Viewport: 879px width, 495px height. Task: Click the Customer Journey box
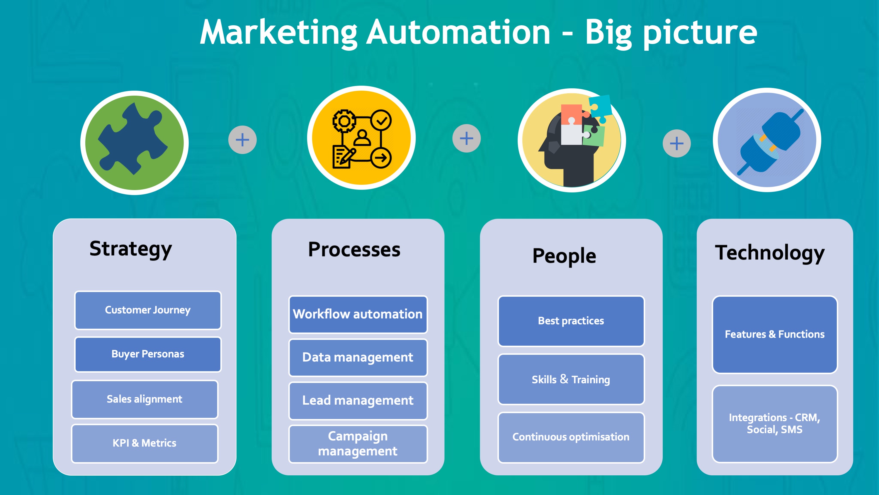(148, 310)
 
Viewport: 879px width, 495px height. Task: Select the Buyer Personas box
(148, 354)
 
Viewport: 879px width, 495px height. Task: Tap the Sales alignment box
(145, 399)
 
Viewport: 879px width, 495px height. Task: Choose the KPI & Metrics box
(145, 443)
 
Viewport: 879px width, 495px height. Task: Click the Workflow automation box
(358, 314)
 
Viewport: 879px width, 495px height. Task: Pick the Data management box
(358, 358)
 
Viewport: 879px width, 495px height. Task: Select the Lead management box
(358, 401)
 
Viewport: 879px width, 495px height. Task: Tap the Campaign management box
(358, 444)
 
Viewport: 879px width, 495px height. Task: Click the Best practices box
(571, 321)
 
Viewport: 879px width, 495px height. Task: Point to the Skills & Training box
(571, 379)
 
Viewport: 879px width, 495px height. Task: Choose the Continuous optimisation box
(571, 437)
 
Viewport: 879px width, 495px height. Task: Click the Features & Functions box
(775, 334)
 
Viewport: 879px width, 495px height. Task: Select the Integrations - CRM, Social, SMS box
(775, 424)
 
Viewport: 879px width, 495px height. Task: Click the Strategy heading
(131, 249)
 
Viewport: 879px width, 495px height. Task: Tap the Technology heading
(769, 253)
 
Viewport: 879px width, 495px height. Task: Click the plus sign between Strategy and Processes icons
(242, 140)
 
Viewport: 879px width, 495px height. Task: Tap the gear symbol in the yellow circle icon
(344, 121)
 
